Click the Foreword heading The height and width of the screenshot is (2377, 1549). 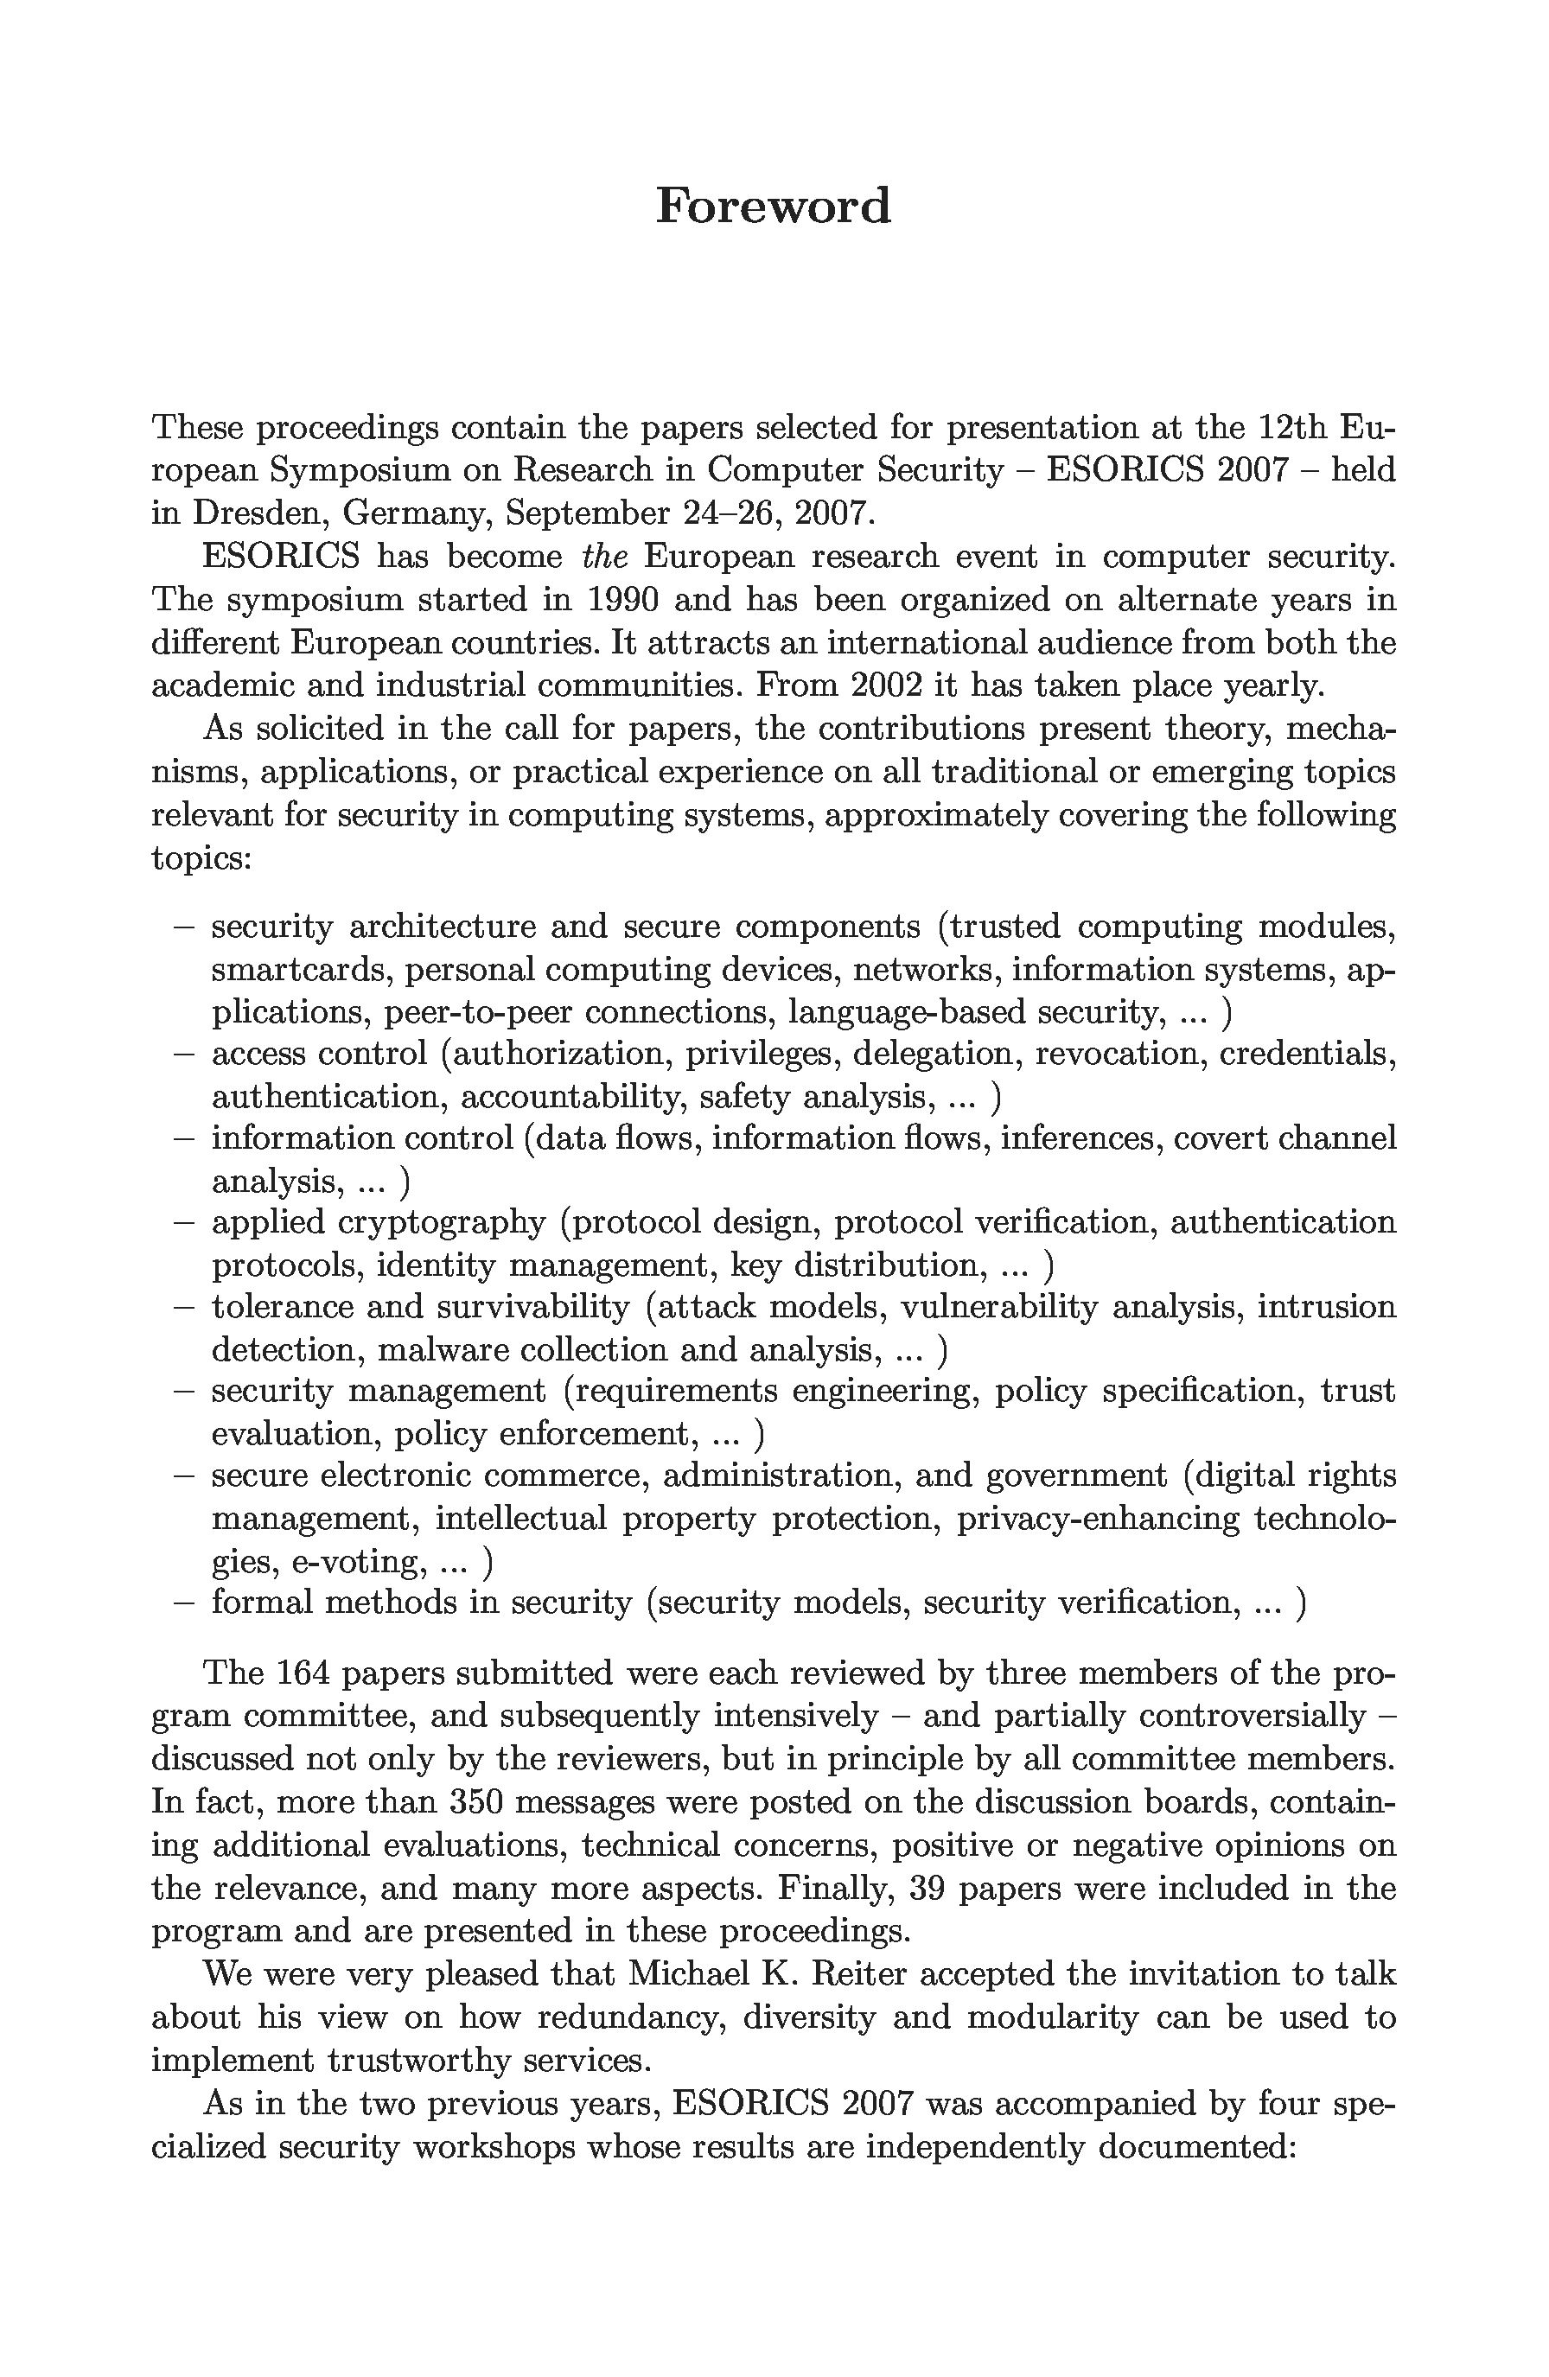(773, 206)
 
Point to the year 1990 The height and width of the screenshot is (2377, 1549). (622, 599)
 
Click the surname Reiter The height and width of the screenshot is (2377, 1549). (862, 1973)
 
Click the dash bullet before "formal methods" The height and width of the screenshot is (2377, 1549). (184, 1603)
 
